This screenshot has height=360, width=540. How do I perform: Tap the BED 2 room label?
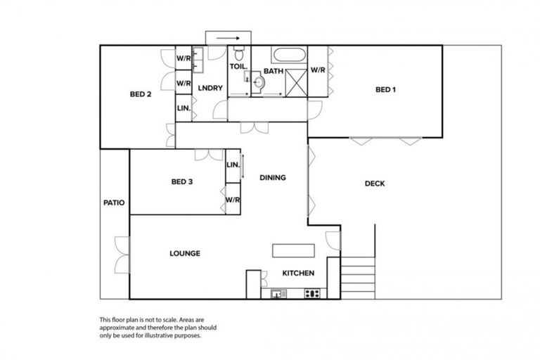coord(141,94)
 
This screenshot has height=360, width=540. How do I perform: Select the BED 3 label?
coord(182,182)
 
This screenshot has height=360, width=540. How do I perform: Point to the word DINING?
coord(272,178)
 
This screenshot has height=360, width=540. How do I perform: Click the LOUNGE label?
coord(185,253)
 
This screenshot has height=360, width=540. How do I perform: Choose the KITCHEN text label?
coord(298,274)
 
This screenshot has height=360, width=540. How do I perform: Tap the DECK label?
coord(375,184)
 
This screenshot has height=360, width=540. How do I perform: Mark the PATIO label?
coord(114,203)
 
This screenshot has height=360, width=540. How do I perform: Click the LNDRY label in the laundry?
coord(210,88)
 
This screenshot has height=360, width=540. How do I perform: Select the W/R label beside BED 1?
coord(318,70)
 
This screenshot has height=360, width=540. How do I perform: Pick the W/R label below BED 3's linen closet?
coord(233,199)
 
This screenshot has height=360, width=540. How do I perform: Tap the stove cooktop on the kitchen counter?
coord(312,294)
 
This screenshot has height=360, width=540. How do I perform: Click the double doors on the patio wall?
coord(123,254)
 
